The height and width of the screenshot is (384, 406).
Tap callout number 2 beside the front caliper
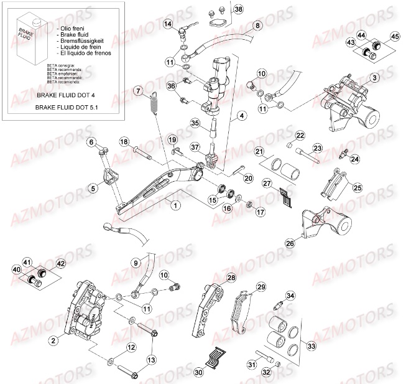(x=54, y=340)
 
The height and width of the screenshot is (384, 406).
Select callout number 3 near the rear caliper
(x=374, y=78)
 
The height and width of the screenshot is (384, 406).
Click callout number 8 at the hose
(x=257, y=25)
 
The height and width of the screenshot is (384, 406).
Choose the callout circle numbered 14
(x=168, y=24)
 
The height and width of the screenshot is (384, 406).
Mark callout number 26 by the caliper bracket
(x=290, y=243)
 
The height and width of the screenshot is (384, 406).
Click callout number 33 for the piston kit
(x=311, y=345)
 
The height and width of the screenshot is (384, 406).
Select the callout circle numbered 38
(x=239, y=9)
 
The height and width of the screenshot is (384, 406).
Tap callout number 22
(x=300, y=136)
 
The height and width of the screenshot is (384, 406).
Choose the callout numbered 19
(x=173, y=139)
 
